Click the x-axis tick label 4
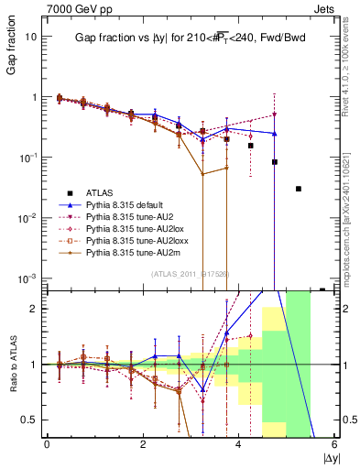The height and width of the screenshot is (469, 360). tap(239, 445)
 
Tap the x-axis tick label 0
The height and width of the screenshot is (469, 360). tap(47, 445)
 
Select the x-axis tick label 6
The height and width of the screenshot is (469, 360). tap(335, 445)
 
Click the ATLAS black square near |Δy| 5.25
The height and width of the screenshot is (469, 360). tap(299, 189)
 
